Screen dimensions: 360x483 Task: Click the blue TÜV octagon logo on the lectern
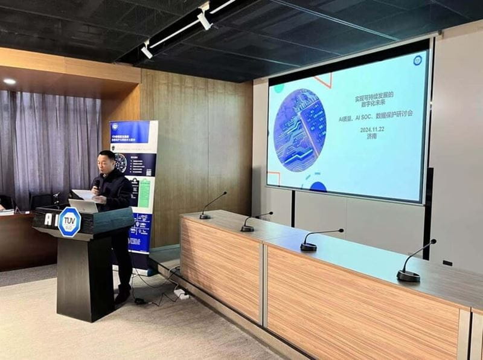(69, 222)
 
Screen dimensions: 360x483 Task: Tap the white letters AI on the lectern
(49, 219)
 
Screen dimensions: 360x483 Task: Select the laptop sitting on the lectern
(83, 205)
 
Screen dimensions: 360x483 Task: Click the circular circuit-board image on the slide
(299, 130)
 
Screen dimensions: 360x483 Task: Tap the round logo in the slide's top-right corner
(417, 60)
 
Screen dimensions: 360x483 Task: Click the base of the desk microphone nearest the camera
(408, 276)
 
